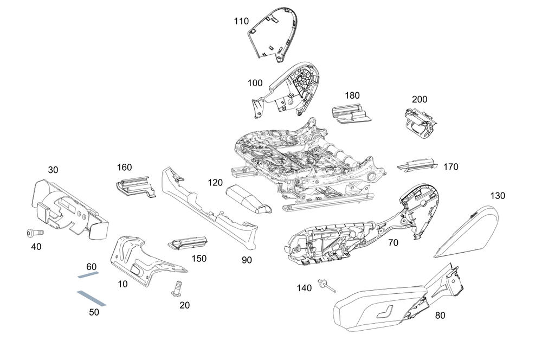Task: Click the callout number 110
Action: coord(241,22)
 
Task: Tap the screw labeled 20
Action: coord(176,288)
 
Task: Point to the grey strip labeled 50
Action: coord(91,298)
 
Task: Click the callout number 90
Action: coord(247,260)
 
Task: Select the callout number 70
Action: coord(393,243)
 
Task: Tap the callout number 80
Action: coord(440,316)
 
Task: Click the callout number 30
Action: coord(53,170)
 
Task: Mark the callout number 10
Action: coord(123,284)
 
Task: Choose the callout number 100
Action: coord(255,83)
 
